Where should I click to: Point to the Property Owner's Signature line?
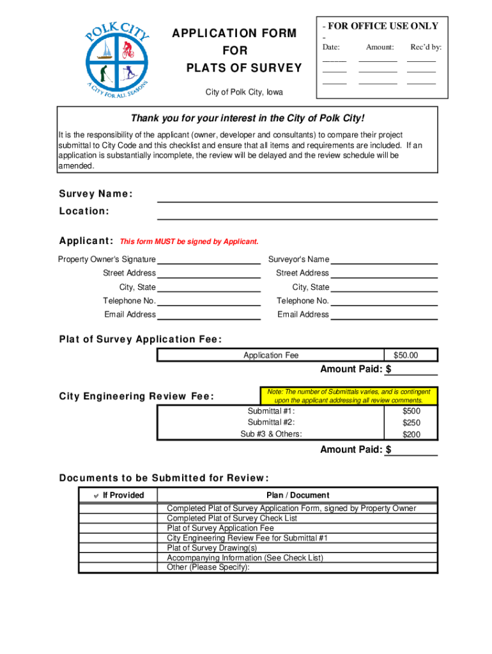pyautogui.click(x=209, y=259)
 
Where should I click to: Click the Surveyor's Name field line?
pyautogui.click(x=384, y=259)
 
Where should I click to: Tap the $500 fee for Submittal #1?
pyautogui.click(x=411, y=411)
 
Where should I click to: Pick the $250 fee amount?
pyautogui.click(x=411, y=423)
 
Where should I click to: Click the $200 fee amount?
pyautogui.click(x=411, y=434)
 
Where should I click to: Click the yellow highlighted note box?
pyautogui.click(x=348, y=396)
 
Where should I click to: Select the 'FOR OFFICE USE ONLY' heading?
pyautogui.click(x=381, y=26)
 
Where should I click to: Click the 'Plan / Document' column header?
pyautogui.click(x=298, y=495)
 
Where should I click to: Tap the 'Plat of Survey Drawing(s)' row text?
pyautogui.click(x=212, y=548)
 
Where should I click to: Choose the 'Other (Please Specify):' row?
pyautogui.click(x=208, y=567)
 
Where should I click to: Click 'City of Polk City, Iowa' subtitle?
pyautogui.click(x=244, y=93)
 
